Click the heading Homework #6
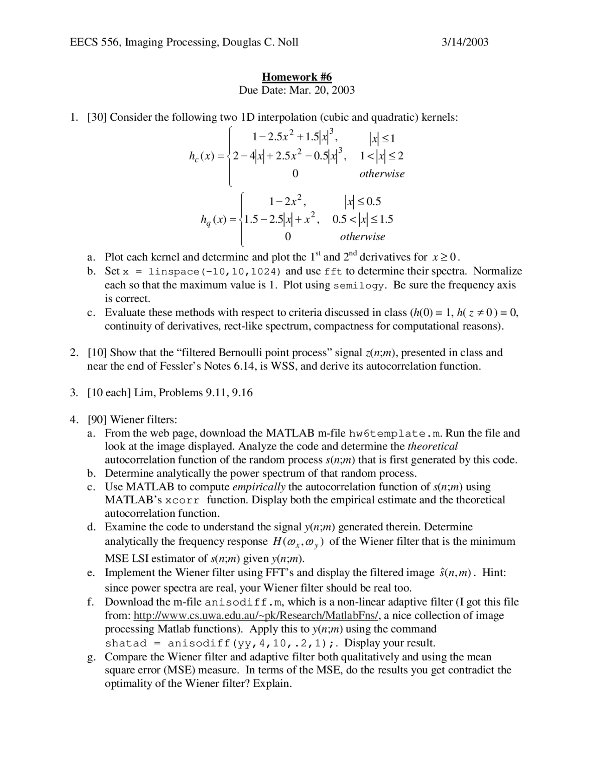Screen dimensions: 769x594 [x=297, y=77]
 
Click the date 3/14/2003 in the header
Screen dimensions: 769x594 [x=465, y=42]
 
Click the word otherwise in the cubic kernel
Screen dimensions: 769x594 [x=381, y=174]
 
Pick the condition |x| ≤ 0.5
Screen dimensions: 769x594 [x=362, y=202]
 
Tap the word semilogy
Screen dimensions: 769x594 [x=359, y=286]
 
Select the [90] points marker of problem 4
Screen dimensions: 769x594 [x=97, y=420]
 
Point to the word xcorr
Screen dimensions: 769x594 [x=182, y=501]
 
